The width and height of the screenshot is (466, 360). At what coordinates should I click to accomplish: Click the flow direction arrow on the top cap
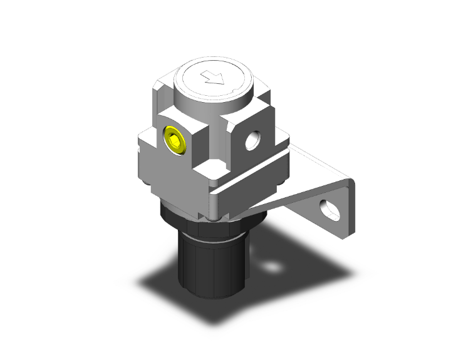pos(213,78)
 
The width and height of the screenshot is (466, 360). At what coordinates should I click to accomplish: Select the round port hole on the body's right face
pos(254,141)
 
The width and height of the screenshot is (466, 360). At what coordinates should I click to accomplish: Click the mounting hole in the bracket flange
pos(329,210)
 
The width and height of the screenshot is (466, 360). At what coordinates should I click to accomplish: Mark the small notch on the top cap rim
pos(234,92)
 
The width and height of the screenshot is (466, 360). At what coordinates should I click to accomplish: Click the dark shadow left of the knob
pos(157,282)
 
